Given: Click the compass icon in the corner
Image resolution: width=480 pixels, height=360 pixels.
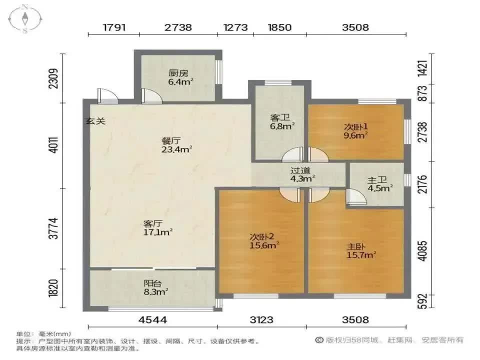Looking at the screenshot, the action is click(25, 19).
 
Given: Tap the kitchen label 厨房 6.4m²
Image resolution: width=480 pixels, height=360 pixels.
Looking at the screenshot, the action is click(180, 77).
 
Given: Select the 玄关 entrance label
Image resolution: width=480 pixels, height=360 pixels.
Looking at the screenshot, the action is click(95, 121).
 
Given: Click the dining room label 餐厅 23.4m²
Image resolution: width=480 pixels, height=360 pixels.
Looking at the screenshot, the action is click(176, 145).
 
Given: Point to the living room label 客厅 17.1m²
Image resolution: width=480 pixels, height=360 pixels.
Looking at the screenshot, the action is click(157, 228).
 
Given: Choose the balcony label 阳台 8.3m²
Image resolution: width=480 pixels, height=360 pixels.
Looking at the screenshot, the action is click(156, 287).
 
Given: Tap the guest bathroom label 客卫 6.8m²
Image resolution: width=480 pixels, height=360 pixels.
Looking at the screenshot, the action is click(282, 122).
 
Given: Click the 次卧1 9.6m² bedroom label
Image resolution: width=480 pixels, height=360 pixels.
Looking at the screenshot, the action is click(355, 131).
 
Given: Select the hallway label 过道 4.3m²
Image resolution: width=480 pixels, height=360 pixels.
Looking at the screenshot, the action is click(302, 174).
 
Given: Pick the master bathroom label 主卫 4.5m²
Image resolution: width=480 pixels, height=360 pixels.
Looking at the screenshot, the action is click(380, 184).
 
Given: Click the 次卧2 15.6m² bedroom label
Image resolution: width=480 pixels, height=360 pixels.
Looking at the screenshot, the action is click(264, 241).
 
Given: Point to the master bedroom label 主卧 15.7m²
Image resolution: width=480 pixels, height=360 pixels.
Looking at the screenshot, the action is click(361, 250).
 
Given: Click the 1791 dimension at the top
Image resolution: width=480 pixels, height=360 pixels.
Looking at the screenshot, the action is click(114, 27).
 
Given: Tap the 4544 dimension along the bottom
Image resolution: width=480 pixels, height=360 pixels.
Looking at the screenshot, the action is click(153, 320).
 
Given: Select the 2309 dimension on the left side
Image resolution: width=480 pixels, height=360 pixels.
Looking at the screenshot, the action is click(53, 78).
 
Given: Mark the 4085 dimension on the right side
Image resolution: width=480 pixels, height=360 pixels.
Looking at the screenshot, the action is click(422, 251).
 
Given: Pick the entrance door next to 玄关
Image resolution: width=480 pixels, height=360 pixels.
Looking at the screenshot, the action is click(107, 96).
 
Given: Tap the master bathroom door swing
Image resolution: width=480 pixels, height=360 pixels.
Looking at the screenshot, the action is click(356, 196).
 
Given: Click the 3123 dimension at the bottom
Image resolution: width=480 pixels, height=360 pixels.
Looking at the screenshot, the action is click(261, 320).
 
